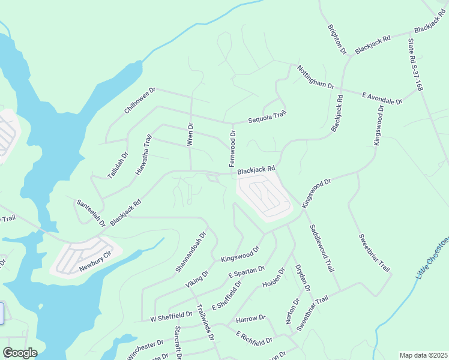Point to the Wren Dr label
pyautogui.click(x=191, y=135)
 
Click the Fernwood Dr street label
pyautogui.click(x=232, y=152)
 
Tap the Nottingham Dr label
pyautogui.click(x=315, y=77)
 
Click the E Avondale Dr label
pyautogui.click(x=382, y=98)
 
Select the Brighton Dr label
pyautogui.click(x=337, y=39)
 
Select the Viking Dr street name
pyautogui.click(x=196, y=278)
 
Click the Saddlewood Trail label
pyautogui.click(x=321, y=248)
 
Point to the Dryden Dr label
pyautogui.click(x=302, y=278)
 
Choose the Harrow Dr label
pyautogui.click(x=250, y=318)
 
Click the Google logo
pyautogui.click(x=20, y=353)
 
